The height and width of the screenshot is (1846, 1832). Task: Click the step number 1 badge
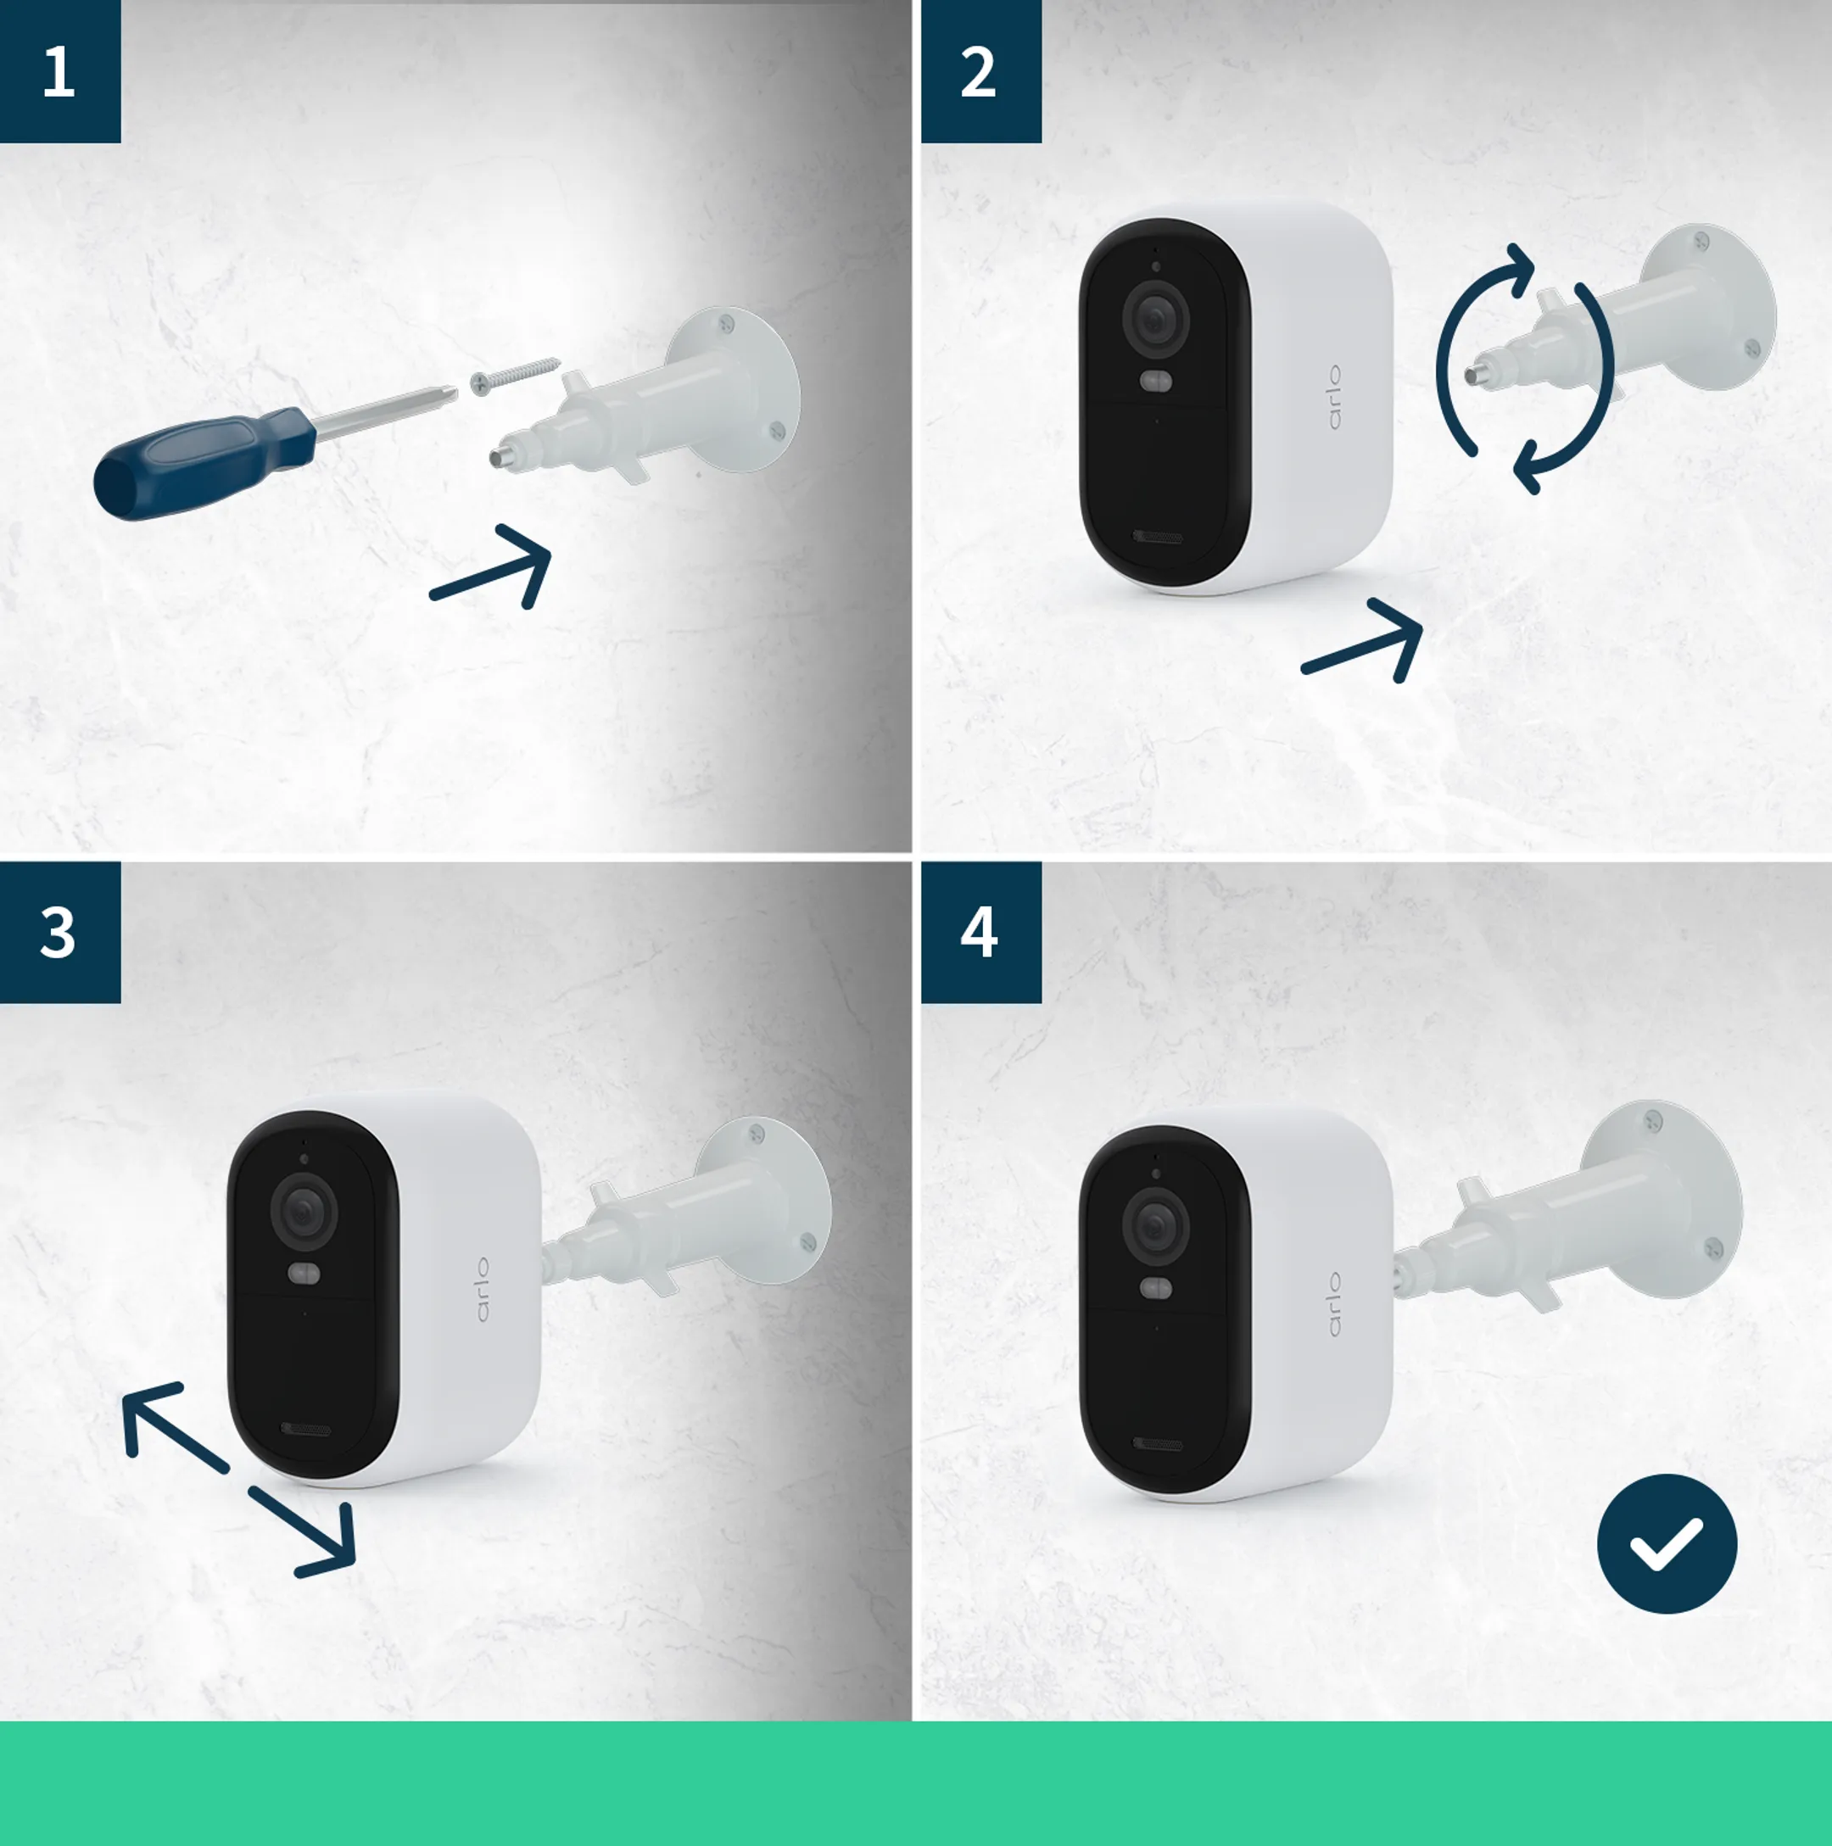pos(59,72)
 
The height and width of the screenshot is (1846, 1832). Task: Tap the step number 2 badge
pos(980,72)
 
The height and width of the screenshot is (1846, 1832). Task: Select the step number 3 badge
pos(59,933)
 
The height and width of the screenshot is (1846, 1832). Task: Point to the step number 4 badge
pos(980,933)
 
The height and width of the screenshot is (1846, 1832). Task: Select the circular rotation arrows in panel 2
pos(1525,369)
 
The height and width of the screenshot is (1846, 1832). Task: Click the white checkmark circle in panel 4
pos(1667,1543)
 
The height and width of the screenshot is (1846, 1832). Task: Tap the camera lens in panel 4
pos(1155,1224)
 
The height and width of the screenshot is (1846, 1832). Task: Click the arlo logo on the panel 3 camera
pos(482,1289)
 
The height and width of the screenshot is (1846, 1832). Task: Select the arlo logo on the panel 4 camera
pos(1334,1304)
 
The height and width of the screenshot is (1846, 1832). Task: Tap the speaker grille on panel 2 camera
pos(1158,537)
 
